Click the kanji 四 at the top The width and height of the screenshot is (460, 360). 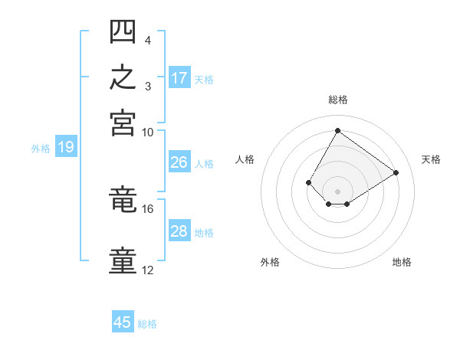123,31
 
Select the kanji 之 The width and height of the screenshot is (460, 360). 123,77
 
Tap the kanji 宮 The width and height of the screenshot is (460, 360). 123,123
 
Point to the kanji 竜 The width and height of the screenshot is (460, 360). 123,198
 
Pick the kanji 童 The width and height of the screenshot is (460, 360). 123,260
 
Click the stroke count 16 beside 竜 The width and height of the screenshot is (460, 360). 147,209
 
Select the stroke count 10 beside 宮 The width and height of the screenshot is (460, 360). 147,133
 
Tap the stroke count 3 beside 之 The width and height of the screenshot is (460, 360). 148,87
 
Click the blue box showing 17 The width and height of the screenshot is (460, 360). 179,77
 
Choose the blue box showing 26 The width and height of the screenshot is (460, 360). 179,162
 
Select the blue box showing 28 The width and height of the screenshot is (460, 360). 179,230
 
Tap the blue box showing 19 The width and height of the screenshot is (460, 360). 66,146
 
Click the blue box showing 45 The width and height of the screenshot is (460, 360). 123,321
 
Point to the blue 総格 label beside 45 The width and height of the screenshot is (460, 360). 147,324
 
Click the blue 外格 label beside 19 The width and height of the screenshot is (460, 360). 41,149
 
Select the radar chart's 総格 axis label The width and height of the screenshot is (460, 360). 338,100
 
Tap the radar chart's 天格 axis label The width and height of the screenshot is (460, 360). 431,159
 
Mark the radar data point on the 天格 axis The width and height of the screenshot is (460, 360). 396,172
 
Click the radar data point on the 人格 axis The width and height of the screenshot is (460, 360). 308,182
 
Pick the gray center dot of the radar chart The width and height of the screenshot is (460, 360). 337,191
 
